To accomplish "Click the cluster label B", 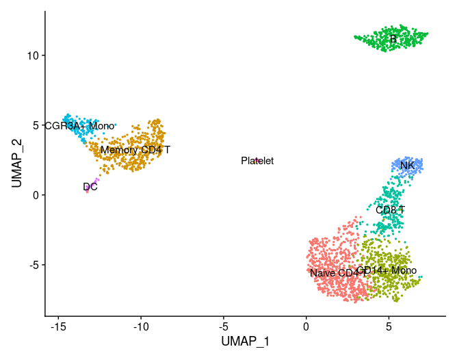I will click(x=393, y=40).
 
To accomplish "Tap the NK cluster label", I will click(x=407, y=166).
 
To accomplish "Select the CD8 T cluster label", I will click(x=390, y=209).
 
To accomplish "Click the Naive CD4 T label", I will click(x=334, y=273).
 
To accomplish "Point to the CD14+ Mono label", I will click(x=387, y=270).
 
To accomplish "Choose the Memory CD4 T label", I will click(x=135, y=149).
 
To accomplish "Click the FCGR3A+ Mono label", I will click(x=79, y=126).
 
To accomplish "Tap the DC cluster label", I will click(x=90, y=187).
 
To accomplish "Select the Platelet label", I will click(x=257, y=161).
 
